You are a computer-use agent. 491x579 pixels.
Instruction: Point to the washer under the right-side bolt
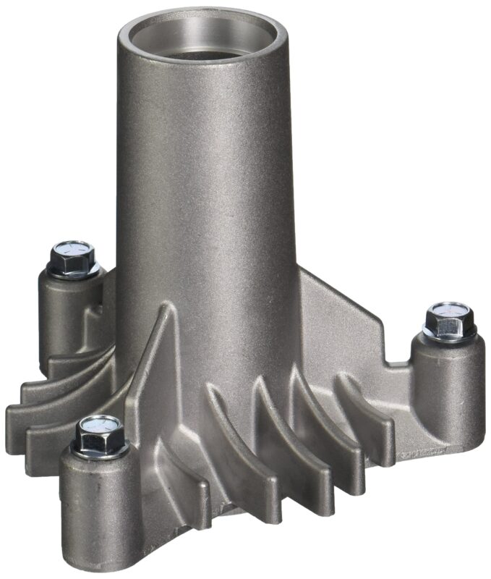(449, 334)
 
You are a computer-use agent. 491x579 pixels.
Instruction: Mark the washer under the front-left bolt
(101, 449)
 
